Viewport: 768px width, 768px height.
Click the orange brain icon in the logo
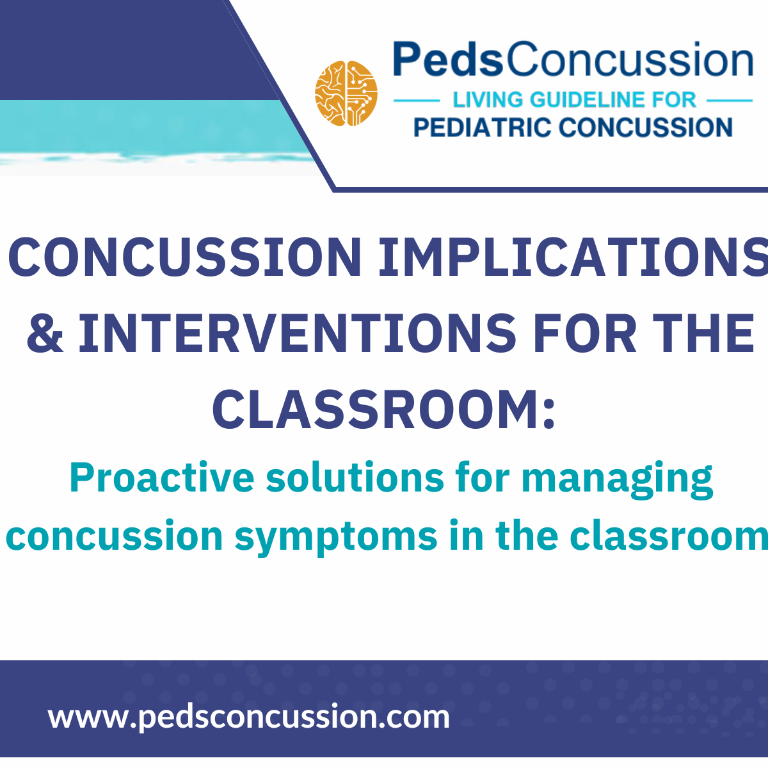click(346, 93)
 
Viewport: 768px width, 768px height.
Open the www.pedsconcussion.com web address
click(249, 716)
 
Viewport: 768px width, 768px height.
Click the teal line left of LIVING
click(416, 100)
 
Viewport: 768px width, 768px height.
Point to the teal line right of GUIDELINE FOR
click(730, 100)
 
